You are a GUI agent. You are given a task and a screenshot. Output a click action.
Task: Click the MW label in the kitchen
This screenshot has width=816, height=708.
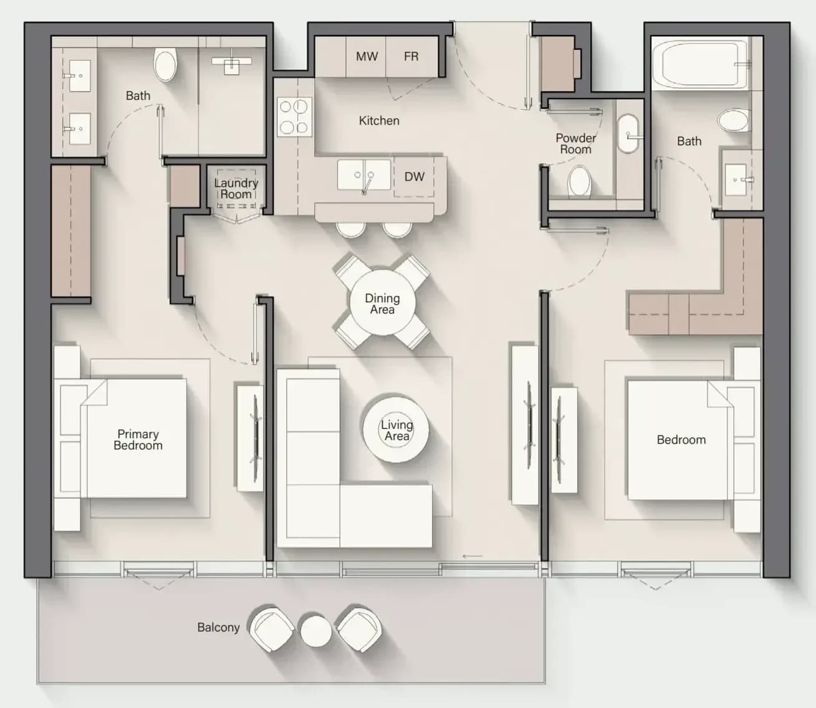coord(367,56)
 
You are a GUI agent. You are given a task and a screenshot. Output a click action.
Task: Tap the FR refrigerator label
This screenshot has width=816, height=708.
coord(411,56)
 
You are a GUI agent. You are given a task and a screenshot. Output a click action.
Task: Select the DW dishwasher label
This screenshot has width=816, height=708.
coord(415,176)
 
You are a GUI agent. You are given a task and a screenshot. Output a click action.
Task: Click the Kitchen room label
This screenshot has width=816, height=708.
coord(379,120)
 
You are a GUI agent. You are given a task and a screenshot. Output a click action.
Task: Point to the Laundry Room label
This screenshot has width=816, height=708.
coord(236,189)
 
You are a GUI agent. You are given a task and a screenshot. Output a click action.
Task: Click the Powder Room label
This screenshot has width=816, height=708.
coord(575,143)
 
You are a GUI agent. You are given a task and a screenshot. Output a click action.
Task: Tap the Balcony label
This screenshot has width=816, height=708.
coord(219,627)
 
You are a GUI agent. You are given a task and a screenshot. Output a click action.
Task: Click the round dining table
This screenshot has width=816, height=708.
coord(382,302)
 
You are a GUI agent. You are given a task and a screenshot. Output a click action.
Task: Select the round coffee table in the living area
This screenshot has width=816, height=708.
coord(396,430)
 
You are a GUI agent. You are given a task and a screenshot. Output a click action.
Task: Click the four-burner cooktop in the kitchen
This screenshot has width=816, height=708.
coord(294,117)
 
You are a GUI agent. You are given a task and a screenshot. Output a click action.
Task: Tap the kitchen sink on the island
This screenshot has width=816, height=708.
coord(363,175)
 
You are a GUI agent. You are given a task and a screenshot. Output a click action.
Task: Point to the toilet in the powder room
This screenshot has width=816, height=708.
coord(580,182)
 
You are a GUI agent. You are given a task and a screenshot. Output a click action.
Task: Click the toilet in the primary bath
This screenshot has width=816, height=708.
coord(166,65)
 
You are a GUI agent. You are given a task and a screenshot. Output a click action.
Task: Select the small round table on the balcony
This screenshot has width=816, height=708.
coord(315,631)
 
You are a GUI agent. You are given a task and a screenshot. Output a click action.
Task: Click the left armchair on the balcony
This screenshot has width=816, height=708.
coord(271,629)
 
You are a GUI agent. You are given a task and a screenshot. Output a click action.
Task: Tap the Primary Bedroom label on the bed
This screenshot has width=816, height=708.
coord(138,439)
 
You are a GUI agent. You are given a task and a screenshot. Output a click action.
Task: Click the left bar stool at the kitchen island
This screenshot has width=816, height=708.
coord(350,229)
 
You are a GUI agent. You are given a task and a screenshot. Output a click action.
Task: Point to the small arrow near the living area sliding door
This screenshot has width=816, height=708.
coord(473,556)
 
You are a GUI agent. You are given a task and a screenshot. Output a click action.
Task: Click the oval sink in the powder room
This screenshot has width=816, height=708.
coord(628,133)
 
